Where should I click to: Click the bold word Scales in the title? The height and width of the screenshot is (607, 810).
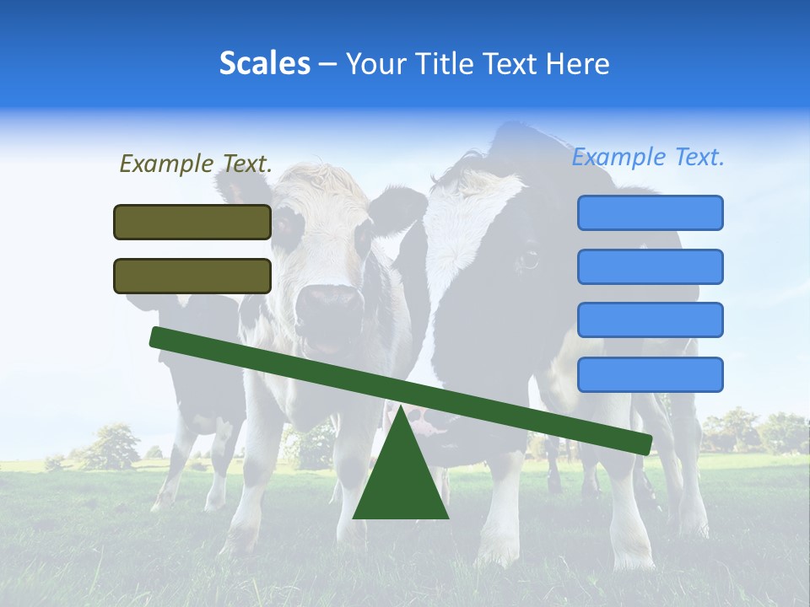265,63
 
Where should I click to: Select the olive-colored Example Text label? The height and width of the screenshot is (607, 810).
196,164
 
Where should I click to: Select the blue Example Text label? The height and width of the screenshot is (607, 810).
648,157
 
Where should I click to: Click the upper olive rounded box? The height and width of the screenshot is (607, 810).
192,222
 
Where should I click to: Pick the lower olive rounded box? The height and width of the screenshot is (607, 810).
192,276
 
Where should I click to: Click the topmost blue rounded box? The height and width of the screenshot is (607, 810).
650,212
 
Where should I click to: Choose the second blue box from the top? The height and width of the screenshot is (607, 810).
650,266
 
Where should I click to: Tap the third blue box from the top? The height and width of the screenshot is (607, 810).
650,320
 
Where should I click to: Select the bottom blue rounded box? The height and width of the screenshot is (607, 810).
650,374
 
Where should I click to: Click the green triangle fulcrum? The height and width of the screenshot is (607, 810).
401,481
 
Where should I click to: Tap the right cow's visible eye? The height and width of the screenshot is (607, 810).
529,258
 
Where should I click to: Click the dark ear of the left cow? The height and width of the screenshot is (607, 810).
397,207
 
